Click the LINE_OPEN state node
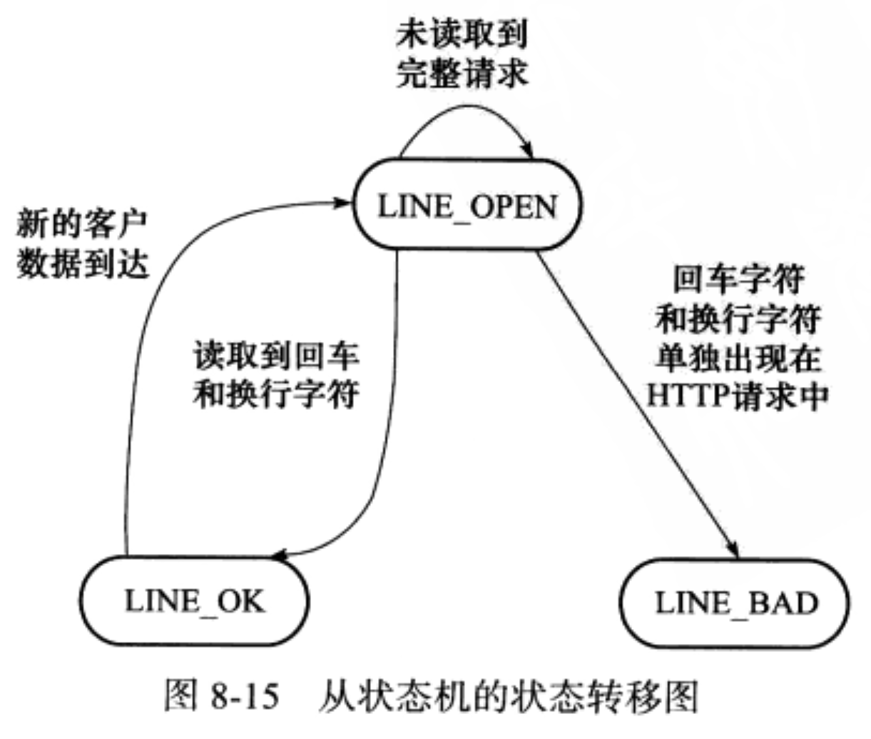(x=467, y=207)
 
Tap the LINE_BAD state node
(x=735, y=603)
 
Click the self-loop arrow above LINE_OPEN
(x=464, y=109)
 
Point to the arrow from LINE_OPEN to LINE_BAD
(x=635, y=400)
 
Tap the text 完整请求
(x=462, y=74)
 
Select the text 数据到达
(x=81, y=264)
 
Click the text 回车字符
(x=738, y=280)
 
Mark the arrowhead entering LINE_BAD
(x=734, y=550)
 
